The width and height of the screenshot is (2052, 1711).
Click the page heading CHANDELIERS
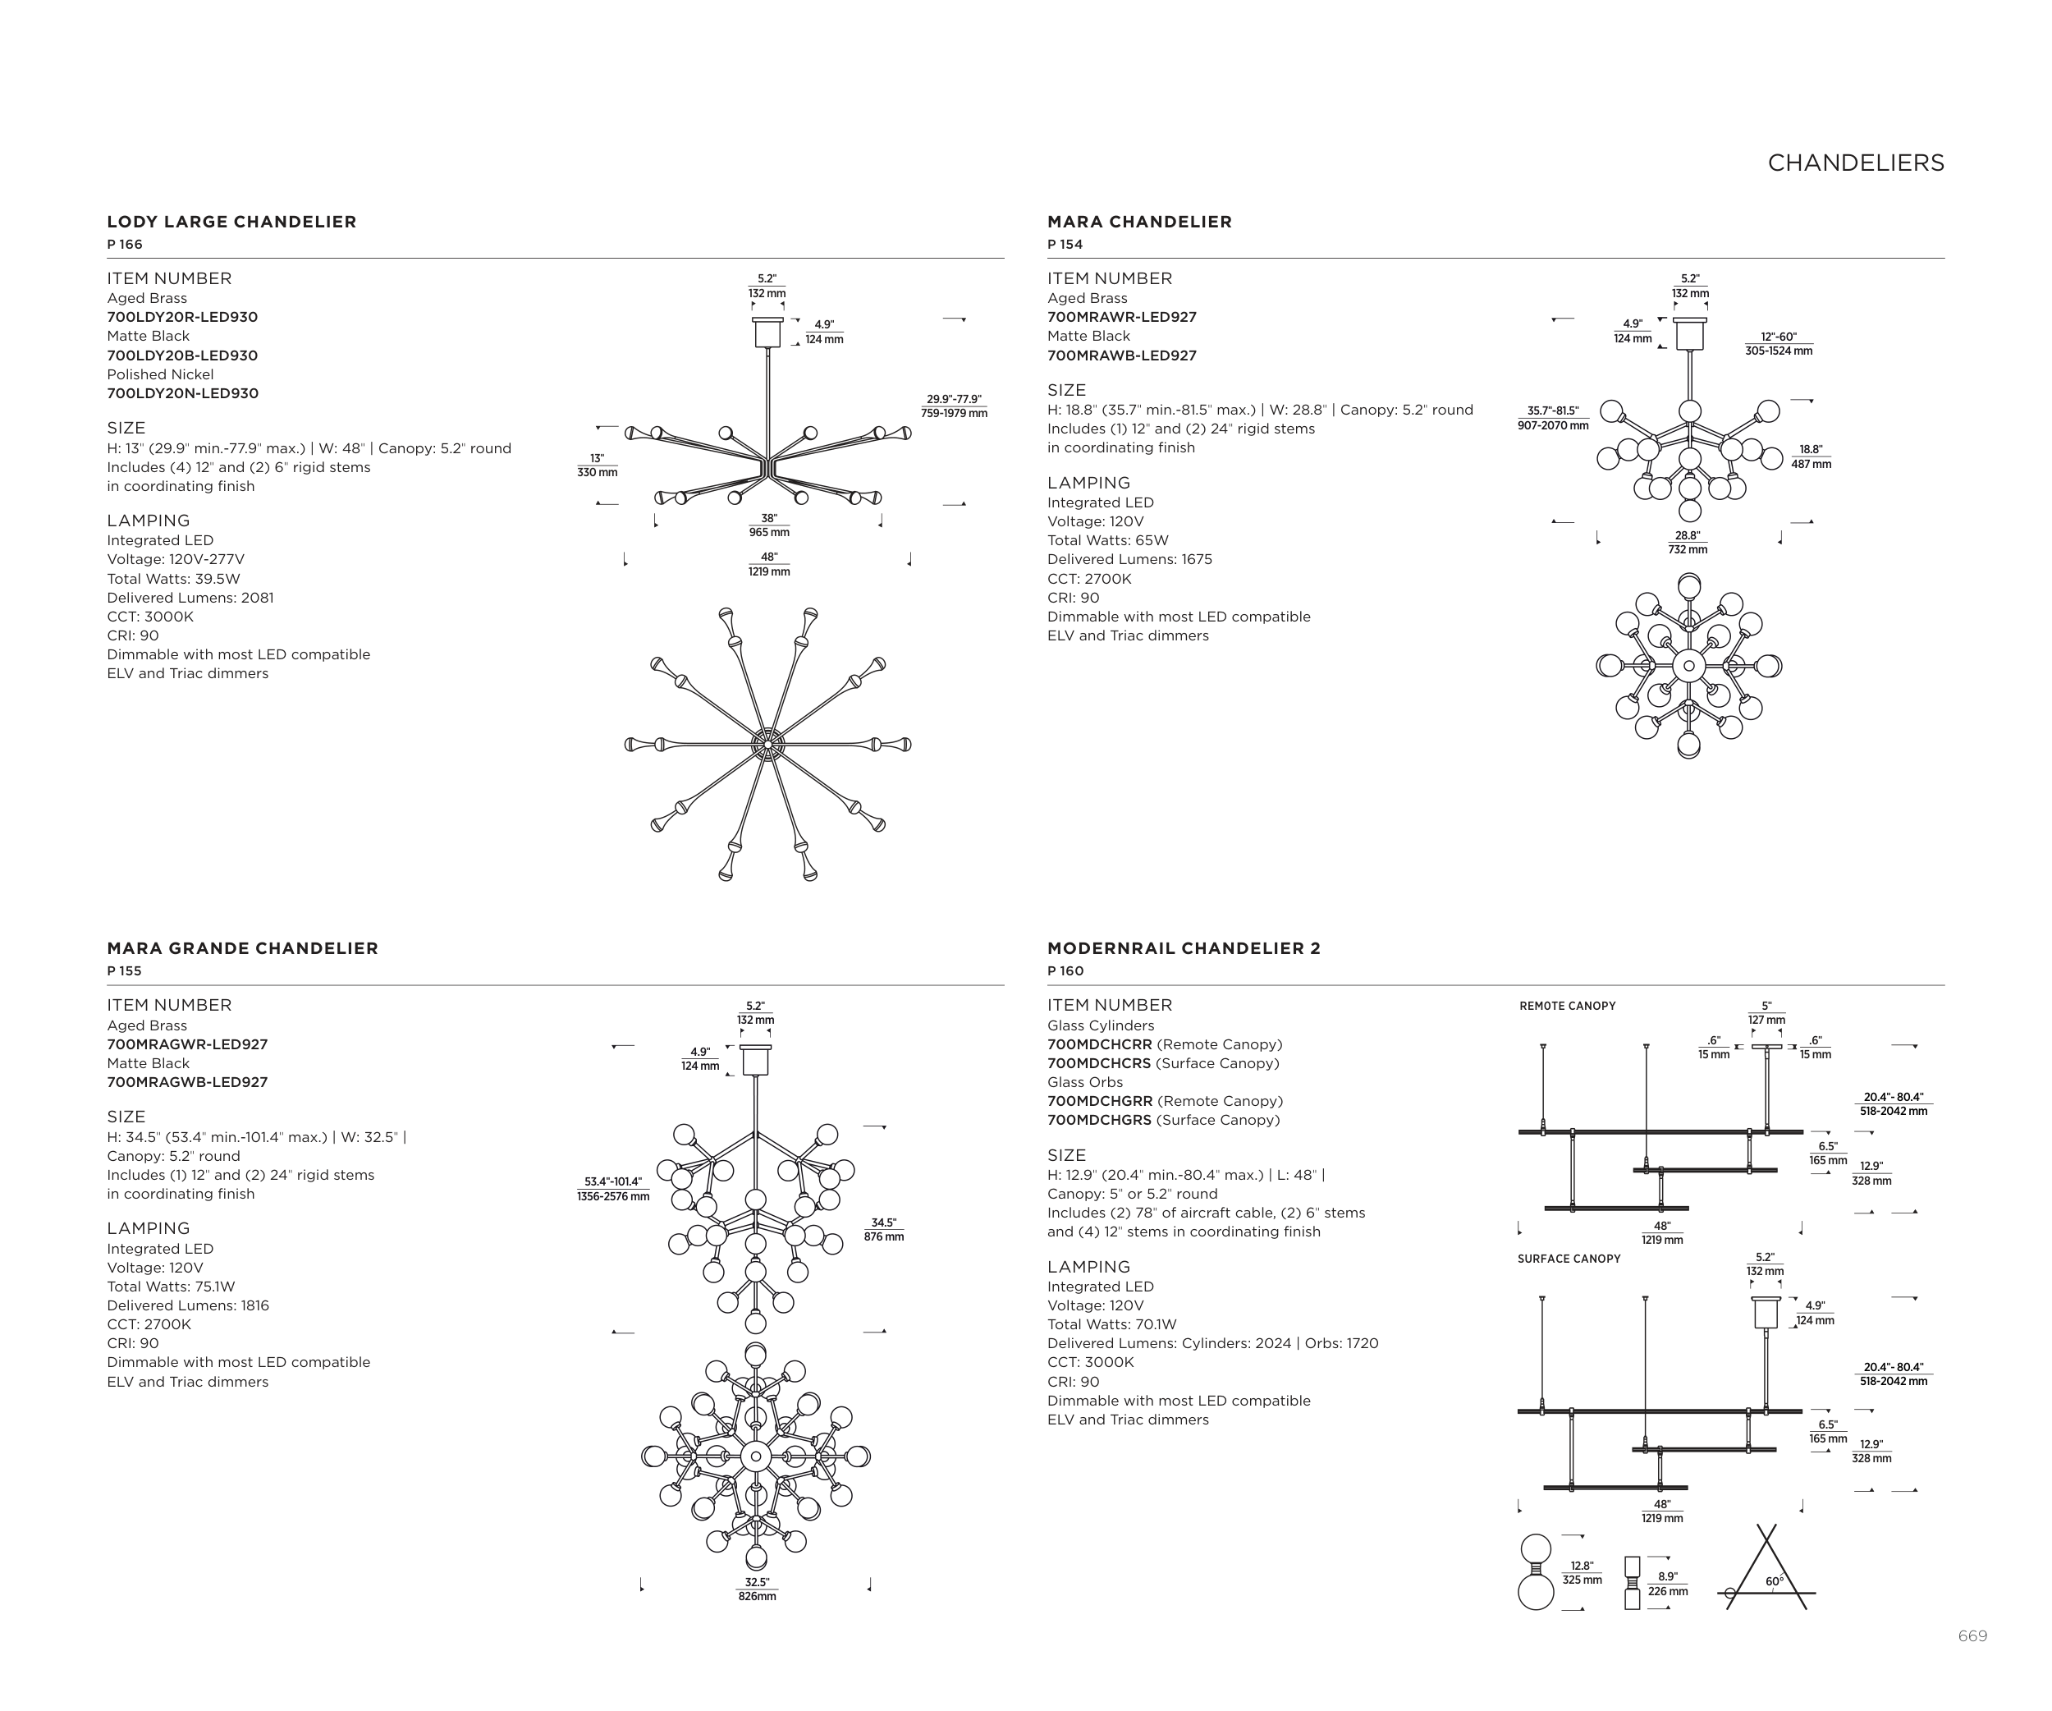click(1855, 163)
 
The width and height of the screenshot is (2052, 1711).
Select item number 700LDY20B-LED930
click(181, 356)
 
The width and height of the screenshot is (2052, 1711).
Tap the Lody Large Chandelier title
click(231, 222)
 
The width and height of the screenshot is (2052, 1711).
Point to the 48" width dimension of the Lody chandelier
click(769, 564)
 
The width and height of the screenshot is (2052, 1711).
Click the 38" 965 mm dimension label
click(769, 525)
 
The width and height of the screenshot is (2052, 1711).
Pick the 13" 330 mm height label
click(597, 466)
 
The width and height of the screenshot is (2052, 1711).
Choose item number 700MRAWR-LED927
click(1122, 318)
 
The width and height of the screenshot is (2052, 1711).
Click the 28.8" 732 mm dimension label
click(1687, 543)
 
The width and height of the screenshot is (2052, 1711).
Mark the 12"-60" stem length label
click(1779, 344)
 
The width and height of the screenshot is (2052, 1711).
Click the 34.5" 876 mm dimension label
click(883, 1229)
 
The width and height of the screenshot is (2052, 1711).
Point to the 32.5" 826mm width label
click(756, 1589)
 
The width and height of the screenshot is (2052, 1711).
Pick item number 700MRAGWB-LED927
click(186, 1083)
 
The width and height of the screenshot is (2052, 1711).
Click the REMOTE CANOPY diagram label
click(1568, 1007)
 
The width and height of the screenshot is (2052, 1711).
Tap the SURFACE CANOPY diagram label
click(1569, 1259)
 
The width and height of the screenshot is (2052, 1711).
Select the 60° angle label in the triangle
click(1774, 1581)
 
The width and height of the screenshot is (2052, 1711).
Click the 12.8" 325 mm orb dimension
click(1581, 1572)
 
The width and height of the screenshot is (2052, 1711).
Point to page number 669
click(1972, 1635)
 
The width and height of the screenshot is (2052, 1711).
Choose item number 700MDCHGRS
click(1099, 1121)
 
